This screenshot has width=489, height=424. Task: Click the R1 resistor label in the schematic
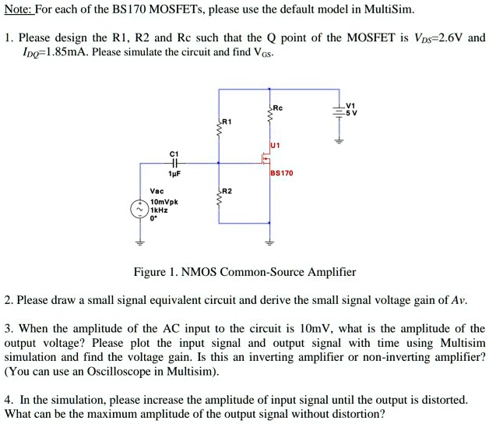tap(227, 122)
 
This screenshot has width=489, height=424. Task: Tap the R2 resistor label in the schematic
tap(227, 191)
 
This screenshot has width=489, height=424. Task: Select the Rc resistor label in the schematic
tap(277, 108)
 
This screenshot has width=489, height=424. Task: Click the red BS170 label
tap(282, 173)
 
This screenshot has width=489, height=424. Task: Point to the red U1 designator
tap(275, 145)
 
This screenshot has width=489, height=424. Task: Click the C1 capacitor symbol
tap(175, 163)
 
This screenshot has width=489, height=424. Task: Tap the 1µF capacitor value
tap(174, 174)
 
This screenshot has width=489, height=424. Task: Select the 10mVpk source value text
tap(164, 202)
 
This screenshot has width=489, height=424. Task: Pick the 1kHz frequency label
tap(159, 210)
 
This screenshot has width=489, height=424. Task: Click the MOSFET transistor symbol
tap(266, 158)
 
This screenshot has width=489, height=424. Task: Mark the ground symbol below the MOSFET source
tap(269, 242)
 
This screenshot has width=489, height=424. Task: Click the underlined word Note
tap(18, 9)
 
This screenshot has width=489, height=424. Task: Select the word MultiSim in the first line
tap(389, 9)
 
